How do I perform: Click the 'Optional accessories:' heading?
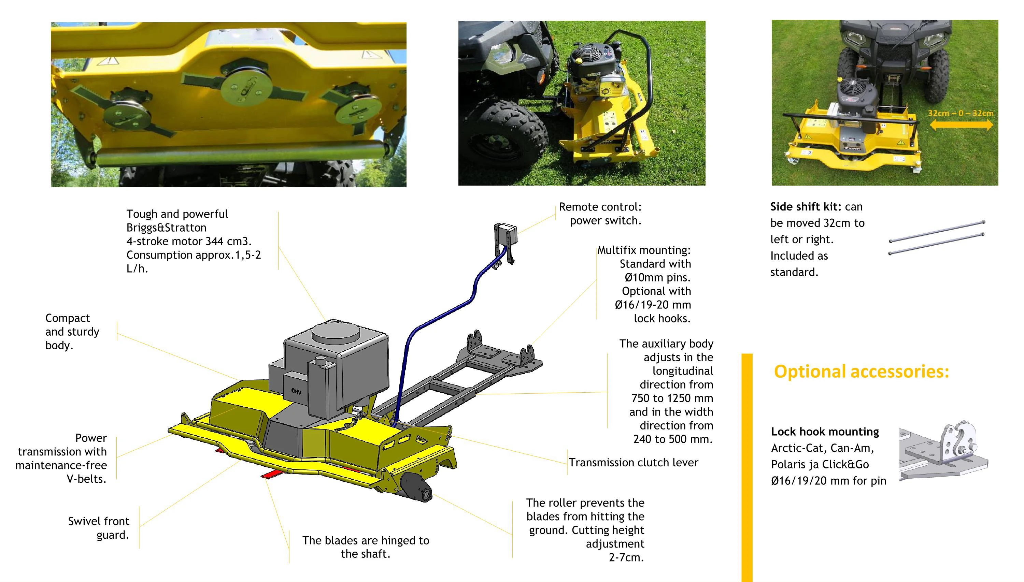tap(861, 372)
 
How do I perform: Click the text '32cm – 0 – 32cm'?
tap(961, 113)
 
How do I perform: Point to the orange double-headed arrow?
tap(961, 125)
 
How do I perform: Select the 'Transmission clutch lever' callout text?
tap(634, 463)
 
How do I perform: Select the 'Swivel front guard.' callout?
tap(99, 528)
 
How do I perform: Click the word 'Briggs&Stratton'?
tap(166, 228)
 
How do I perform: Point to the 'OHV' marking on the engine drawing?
tap(296, 392)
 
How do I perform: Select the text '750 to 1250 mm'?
tap(672, 398)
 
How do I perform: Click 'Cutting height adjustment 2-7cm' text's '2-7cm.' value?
tap(626, 558)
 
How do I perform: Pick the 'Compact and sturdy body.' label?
tap(72, 332)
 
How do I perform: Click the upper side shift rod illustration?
tap(937, 231)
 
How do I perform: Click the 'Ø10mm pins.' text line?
tap(657, 277)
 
